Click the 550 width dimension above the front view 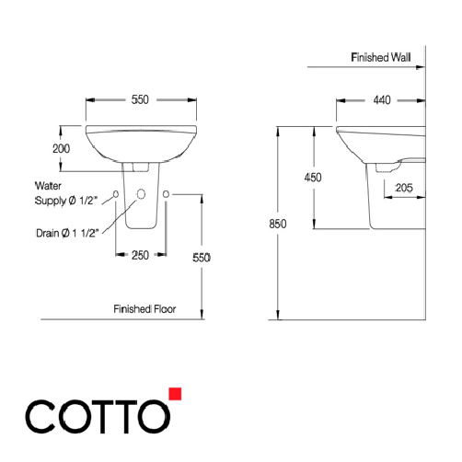(x=140, y=98)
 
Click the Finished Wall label (x=380, y=57)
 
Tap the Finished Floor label (x=144, y=309)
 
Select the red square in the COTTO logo (x=175, y=394)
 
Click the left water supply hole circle (x=115, y=194)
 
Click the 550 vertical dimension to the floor (x=202, y=259)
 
